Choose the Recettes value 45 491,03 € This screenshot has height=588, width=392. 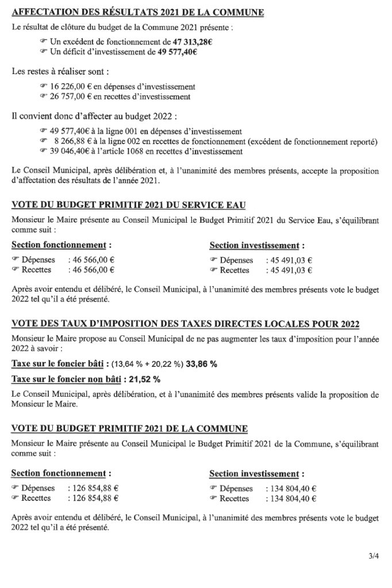click(x=289, y=270)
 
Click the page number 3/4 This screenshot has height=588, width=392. click(x=374, y=556)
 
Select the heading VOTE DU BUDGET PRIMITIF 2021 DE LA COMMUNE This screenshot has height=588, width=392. click(x=130, y=428)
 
